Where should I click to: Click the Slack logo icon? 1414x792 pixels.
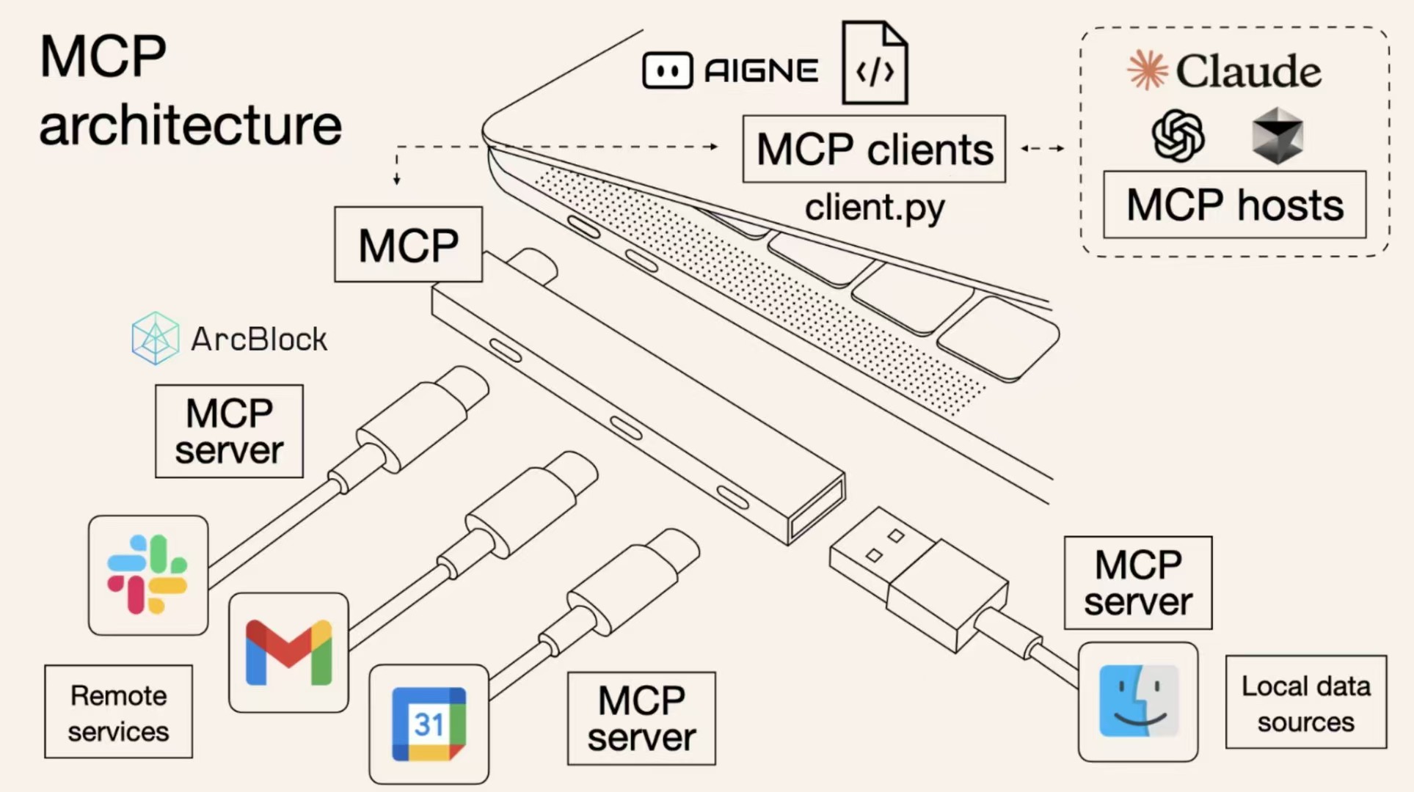point(147,575)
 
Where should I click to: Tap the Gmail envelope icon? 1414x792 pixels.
point(288,652)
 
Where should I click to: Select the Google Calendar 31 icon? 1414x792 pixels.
point(429,724)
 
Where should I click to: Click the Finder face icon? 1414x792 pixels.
point(1138,701)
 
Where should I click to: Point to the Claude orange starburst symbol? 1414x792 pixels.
point(1147,70)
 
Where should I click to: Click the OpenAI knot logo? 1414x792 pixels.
point(1178,136)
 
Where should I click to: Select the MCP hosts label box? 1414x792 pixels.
point(1234,205)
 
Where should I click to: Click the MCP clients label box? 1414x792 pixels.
point(874,149)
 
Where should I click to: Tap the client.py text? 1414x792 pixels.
point(874,208)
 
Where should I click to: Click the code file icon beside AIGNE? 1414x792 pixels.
point(875,65)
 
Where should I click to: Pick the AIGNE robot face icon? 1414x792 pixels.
point(667,71)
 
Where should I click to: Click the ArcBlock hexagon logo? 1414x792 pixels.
point(155,338)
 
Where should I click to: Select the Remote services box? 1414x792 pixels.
point(118,711)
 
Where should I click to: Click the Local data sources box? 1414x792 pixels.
point(1305,703)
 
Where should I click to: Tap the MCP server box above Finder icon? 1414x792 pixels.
point(1137,583)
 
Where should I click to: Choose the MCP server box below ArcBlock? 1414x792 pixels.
point(229,431)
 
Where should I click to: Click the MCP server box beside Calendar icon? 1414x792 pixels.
point(641,719)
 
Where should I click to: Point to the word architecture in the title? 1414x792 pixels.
point(191,125)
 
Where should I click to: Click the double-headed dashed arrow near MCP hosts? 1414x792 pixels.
point(1042,148)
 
